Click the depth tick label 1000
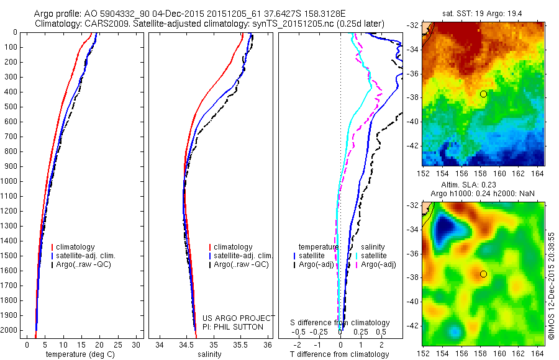click(x=9, y=181)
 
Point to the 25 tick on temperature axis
click(x=117, y=345)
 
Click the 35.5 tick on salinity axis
click(x=240, y=345)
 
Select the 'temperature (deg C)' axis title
click(x=80, y=354)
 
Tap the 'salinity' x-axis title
click(x=209, y=354)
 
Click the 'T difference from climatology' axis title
click(x=339, y=354)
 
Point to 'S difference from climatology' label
click(x=340, y=323)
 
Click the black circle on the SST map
click(x=483, y=94)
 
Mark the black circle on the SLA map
click(x=483, y=274)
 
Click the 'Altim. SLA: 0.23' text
click(x=468, y=185)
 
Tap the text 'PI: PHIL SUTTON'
click(x=233, y=327)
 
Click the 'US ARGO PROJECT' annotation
click(x=239, y=318)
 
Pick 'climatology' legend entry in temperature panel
click(x=73, y=247)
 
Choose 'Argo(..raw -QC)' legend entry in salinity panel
click(x=239, y=264)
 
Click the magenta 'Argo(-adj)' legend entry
click(x=376, y=264)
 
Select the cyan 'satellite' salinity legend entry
click(x=371, y=256)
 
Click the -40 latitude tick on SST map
click(x=414, y=122)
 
